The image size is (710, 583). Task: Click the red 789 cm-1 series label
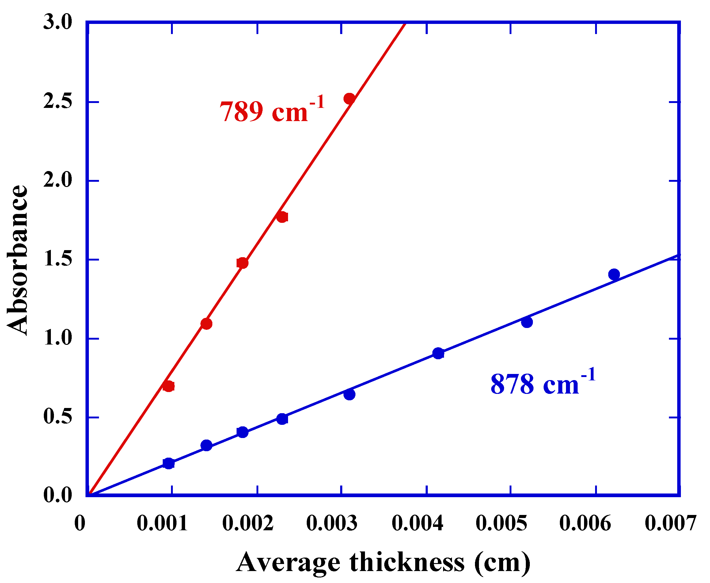click(272, 110)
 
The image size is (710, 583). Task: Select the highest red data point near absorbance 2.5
click(349, 99)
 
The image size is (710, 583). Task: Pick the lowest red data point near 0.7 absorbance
click(169, 386)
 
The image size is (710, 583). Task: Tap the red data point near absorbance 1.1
click(207, 324)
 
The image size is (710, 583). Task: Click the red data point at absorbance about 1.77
click(282, 217)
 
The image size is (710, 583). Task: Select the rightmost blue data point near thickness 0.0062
click(614, 274)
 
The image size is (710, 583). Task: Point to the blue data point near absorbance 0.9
click(438, 353)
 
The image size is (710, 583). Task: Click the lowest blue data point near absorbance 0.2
click(169, 463)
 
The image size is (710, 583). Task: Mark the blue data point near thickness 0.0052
click(527, 322)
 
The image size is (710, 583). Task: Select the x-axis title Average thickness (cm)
click(383, 562)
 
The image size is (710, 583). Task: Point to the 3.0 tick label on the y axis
click(58, 22)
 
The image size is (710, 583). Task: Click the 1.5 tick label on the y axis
click(58, 260)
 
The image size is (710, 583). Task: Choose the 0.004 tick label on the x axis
click(417, 523)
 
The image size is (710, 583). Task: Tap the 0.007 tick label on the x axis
click(670, 523)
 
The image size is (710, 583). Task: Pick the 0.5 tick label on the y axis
click(58, 417)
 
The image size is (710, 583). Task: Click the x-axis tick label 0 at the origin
click(80, 523)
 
